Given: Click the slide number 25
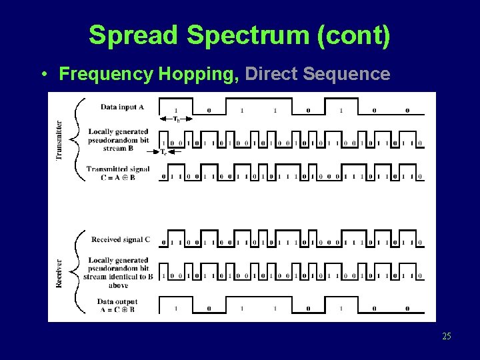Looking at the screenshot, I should (446, 336).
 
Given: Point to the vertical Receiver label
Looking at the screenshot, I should (59, 273).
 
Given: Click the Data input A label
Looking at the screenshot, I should (122, 107).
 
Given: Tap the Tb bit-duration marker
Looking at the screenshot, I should (176, 119).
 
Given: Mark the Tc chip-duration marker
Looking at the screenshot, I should (164, 152).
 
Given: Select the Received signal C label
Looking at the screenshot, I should (121, 239).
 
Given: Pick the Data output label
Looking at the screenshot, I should (117, 302).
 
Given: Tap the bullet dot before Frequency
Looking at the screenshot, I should (42, 74).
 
